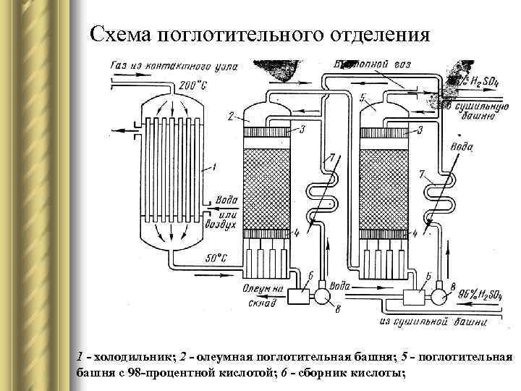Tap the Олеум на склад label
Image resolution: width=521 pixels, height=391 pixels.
pos(263,295)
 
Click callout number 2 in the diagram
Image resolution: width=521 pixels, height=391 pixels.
pos(229,115)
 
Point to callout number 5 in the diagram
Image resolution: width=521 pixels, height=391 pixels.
pos(362,96)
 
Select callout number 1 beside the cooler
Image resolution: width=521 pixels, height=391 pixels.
pos(213,167)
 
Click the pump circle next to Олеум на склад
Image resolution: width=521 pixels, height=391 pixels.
pos(321,295)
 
